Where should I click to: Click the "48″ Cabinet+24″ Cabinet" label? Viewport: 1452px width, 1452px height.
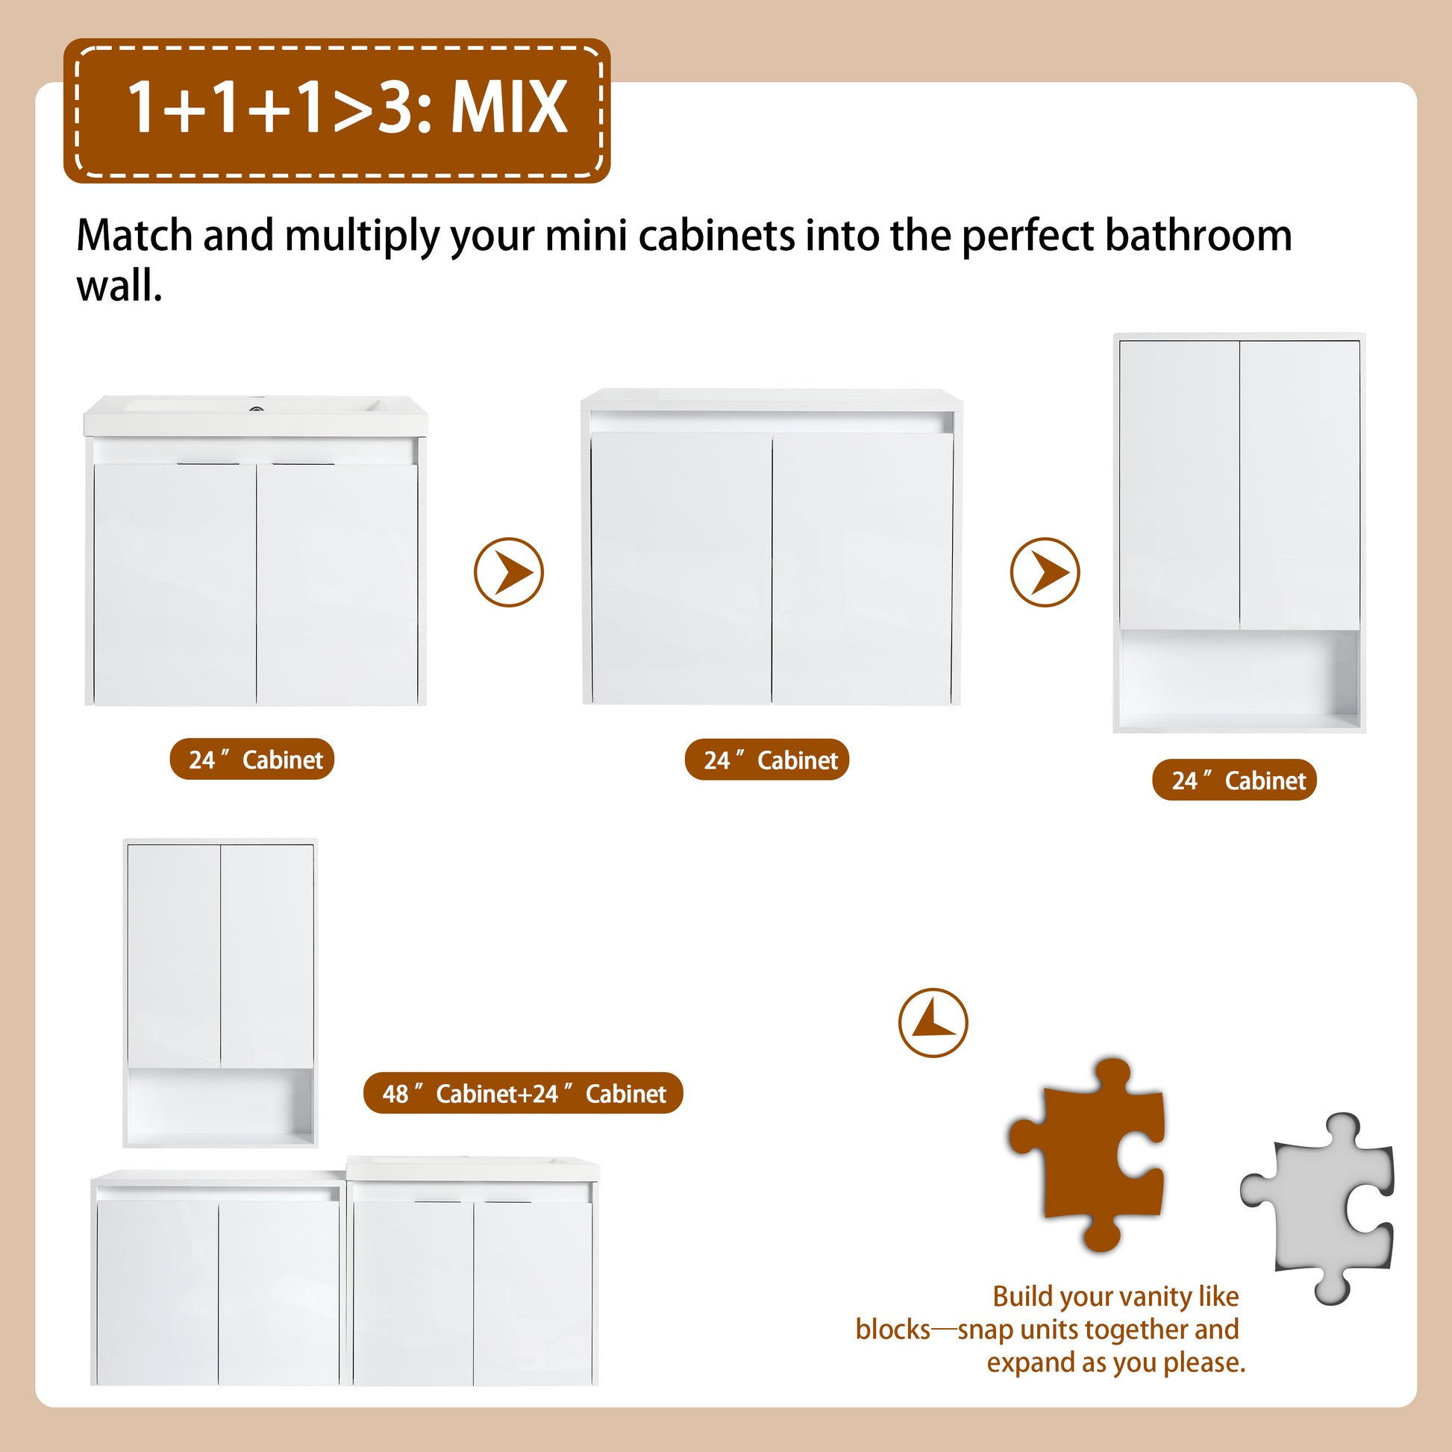523,1093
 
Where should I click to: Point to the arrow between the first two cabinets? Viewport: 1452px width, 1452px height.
509,572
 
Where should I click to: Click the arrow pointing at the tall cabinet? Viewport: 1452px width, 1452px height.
1045,572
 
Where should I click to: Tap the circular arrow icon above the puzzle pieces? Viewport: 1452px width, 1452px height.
933,1023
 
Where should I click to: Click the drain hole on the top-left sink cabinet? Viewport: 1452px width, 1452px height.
256,410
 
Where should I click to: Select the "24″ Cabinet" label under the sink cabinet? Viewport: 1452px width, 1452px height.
251,759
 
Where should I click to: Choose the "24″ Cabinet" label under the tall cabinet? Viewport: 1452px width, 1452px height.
1234,780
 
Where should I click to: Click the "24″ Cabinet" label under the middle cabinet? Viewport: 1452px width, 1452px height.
766,760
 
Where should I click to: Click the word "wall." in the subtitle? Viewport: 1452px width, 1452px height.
119,286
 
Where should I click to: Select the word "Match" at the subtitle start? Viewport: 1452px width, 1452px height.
134,235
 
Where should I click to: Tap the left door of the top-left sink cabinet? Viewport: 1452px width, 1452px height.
175,584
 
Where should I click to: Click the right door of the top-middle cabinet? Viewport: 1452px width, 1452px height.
863,568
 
